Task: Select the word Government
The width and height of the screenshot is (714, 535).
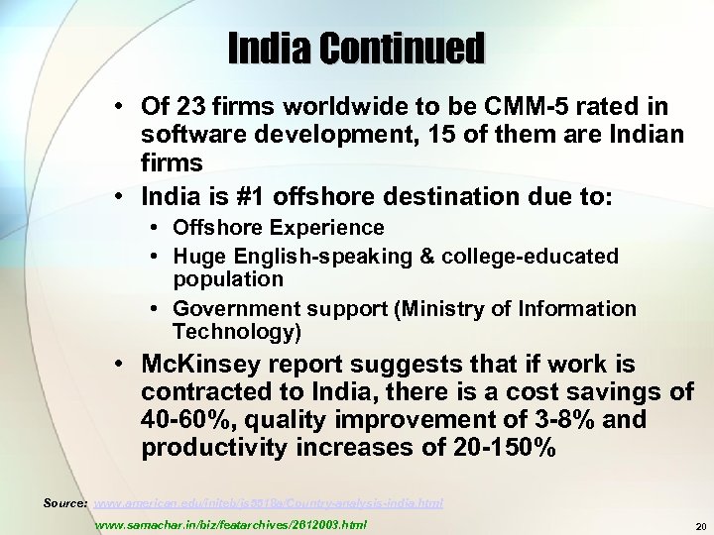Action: (x=231, y=308)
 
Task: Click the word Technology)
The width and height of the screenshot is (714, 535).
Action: (x=237, y=331)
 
